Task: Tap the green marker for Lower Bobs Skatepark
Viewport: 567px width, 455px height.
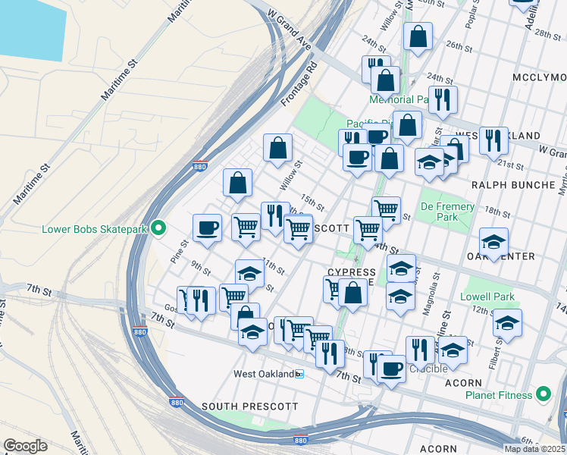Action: click(158, 227)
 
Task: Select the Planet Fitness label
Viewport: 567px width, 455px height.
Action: click(496, 394)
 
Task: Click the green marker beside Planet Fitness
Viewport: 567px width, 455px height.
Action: click(543, 394)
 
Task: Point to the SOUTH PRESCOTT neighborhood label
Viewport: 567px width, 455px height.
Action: click(249, 406)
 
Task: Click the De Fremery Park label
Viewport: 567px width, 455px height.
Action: click(448, 212)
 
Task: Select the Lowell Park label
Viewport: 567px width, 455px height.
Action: click(487, 297)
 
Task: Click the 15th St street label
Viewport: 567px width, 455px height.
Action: click(312, 202)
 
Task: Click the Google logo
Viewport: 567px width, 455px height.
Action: click(25, 446)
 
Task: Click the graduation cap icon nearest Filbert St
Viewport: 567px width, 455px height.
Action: click(507, 323)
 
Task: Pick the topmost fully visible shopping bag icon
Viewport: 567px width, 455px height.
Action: click(418, 36)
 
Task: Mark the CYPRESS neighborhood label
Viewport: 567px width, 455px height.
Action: click(352, 272)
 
